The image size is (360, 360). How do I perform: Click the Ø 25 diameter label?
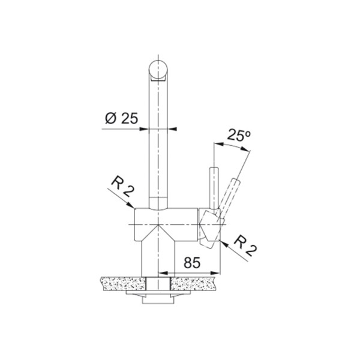pyautogui.click(x=121, y=118)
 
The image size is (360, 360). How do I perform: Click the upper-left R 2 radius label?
pyautogui.click(x=123, y=187)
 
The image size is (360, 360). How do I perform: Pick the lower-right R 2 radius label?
pyautogui.click(x=245, y=245)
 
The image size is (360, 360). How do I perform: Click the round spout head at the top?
pyautogui.click(x=158, y=70)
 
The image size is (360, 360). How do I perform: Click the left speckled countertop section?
pyautogui.click(x=123, y=284)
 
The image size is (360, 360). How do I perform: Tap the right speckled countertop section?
pyautogui.click(x=193, y=284)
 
